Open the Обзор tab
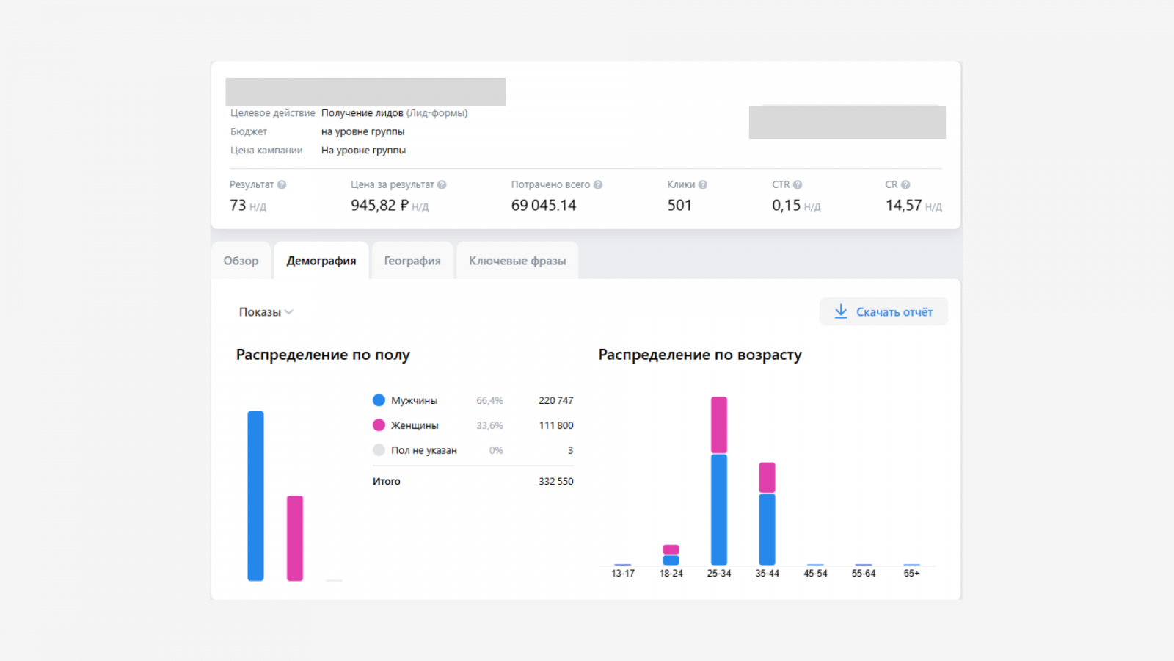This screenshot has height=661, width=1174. click(x=241, y=261)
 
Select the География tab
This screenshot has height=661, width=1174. click(x=412, y=261)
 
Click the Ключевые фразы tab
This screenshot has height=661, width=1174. click(x=517, y=261)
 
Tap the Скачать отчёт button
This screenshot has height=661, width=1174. click(x=883, y=311)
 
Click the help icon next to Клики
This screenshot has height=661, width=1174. click(x=703, y=184)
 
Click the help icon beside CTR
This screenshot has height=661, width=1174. click(x=798, y=184)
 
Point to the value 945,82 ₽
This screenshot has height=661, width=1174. click(x=379, y=205)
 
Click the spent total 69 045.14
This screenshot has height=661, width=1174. click(x=544, y=205)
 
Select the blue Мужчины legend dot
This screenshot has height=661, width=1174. click(x=379, y=400)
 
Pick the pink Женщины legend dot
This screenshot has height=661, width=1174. click(x=379, y=425)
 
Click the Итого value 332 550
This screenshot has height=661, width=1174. click(x=556, y=481)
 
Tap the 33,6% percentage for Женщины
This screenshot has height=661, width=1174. click(x=489, y=425)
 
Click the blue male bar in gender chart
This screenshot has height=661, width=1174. click(x=256, y=496)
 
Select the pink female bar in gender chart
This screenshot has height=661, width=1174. click(x=295, y=538)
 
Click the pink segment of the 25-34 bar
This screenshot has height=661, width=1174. click(x=719, y=425)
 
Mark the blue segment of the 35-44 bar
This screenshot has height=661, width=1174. click(x=768, y=530)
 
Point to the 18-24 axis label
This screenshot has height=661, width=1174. click(x=671, y=574)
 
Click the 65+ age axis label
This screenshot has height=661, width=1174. click(x=911, y=574)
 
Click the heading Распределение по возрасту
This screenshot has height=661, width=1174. click(x=700, y=355)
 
